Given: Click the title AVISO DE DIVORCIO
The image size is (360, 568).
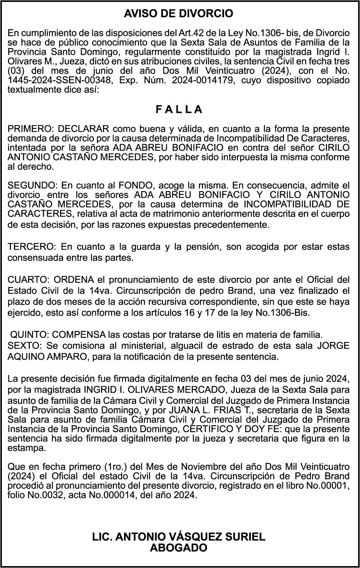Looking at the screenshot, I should coord(178,14).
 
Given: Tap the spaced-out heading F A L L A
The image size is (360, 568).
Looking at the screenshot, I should coord(179,110).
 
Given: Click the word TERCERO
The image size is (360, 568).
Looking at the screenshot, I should coord(31,247).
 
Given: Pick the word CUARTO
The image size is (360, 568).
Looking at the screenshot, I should coord(28,280).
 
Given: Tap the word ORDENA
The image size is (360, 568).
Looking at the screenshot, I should coord(74,280).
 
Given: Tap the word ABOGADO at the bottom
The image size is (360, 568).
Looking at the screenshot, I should coord(178,548).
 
